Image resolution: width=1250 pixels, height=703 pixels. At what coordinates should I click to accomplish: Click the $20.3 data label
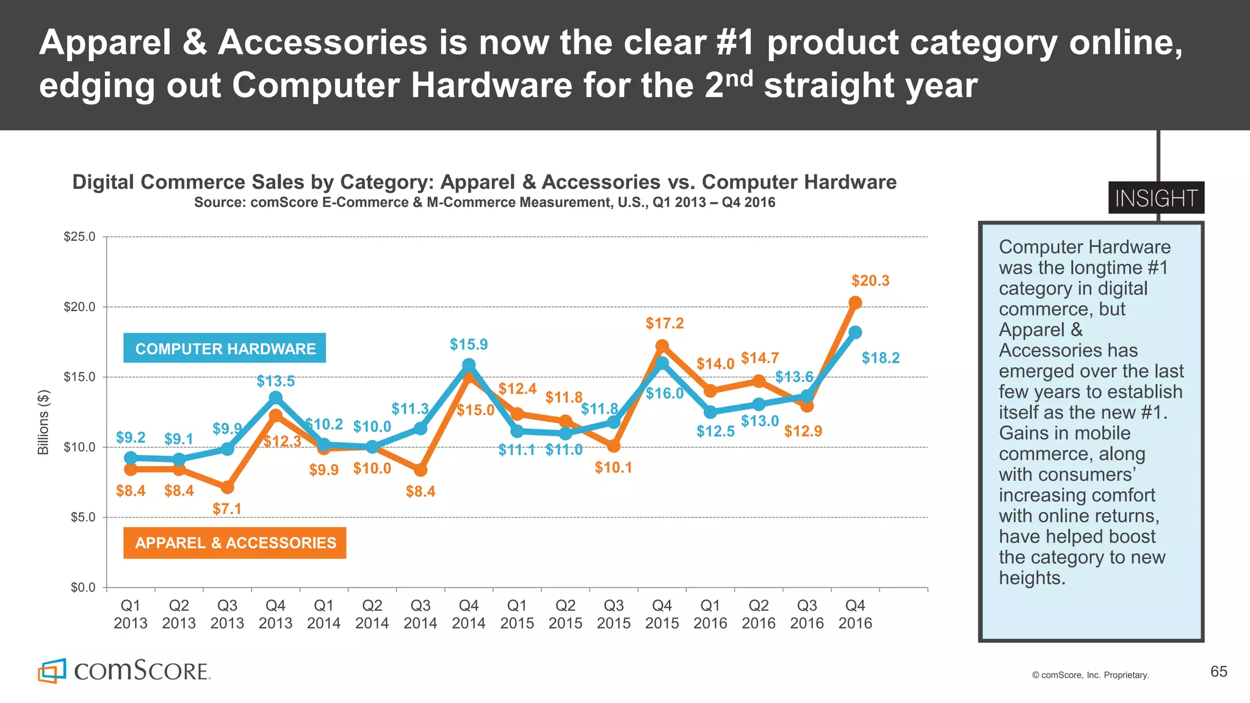(870, 281)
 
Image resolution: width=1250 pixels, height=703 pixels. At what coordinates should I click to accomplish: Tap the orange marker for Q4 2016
(855, 303)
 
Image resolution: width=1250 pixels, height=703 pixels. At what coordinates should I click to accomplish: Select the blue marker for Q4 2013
(275, 398)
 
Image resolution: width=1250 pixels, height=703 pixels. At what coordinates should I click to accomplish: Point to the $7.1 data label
(227, 508)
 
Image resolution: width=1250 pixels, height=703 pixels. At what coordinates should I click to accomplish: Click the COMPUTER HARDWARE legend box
(225, 348)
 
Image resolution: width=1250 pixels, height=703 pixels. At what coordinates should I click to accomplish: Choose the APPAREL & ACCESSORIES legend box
(235, 543)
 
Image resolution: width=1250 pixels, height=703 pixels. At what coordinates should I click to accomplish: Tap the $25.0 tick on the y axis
(80, 237)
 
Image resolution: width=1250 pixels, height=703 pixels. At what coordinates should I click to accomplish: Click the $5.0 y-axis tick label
(80, 517)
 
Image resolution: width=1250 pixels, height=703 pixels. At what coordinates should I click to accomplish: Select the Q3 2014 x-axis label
(421, 614)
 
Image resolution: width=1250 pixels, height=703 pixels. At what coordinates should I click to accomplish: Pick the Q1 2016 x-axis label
(710, 614)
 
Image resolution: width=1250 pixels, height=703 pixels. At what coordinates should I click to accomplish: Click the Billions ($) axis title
(43, 422)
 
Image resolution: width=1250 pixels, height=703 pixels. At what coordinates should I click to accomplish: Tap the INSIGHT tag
(1156, 198)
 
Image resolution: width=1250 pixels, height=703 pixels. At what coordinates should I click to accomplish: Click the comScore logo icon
(52, 671)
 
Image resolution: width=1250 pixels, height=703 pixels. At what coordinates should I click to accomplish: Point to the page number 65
(1218, 672)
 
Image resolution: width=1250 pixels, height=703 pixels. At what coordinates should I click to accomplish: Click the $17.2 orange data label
(665, 323)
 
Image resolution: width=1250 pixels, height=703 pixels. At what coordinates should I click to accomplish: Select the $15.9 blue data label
(469, 344)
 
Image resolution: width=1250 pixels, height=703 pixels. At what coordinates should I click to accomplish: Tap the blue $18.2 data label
(880, 358)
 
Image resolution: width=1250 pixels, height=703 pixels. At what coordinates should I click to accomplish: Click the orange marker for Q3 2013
(227, 487)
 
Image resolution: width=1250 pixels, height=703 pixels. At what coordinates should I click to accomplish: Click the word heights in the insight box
(1032, 578)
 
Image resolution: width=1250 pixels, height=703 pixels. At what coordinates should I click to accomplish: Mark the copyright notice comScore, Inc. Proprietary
(1090, 675)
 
